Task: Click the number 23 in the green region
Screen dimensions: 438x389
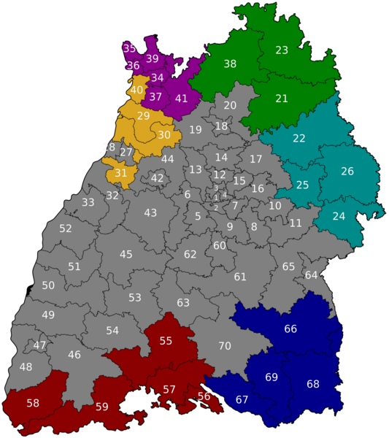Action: click(282, 50)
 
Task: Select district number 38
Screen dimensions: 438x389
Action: click(230, 64)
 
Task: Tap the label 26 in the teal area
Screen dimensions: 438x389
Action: click(347, 172)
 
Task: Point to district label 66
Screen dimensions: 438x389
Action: click(290, 329)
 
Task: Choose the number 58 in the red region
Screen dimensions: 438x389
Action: click(33, 403)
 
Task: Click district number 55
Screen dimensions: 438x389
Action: click(166, 341)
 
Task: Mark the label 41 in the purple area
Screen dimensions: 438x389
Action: click(182, 99)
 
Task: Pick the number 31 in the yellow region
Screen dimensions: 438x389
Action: click(121, 173)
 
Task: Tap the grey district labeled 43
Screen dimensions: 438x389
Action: click(150, 213)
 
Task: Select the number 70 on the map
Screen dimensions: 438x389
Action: click(225, 346)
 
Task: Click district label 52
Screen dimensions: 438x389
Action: click(66, 228)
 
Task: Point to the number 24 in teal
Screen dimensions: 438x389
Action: click(339, 216)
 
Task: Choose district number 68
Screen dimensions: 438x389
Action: click(313, 384)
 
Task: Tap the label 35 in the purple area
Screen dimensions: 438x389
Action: click(129, 49)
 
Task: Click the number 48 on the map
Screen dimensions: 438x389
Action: click(26, 367)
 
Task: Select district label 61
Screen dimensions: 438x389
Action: click(240, 277)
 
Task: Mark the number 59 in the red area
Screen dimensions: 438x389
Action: click(101, 407)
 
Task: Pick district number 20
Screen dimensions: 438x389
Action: click(230, 106)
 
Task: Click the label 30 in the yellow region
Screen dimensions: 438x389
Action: click(164, 135)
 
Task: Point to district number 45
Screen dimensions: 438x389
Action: click(126, 255)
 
